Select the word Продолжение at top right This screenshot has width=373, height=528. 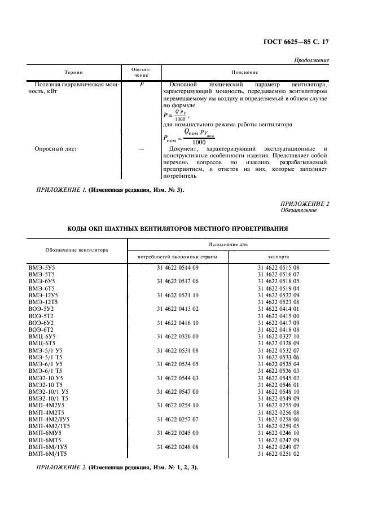312,60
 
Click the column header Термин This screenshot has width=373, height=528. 74,72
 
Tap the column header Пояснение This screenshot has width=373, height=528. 245,72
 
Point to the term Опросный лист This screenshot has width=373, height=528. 56,149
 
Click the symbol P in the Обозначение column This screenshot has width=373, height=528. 142,85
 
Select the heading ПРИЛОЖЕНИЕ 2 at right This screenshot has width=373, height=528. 305,203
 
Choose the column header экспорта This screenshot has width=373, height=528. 278,256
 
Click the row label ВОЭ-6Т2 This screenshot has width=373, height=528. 41,328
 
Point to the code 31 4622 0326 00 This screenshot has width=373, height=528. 178,336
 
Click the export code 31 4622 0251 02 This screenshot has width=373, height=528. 278,454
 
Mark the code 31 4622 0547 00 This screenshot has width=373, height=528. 178,390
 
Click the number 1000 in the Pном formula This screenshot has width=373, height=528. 199,142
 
